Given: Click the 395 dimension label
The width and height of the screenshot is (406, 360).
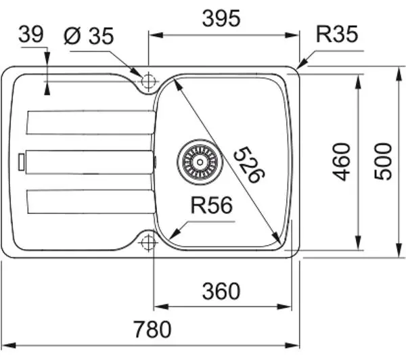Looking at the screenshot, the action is point(221,19).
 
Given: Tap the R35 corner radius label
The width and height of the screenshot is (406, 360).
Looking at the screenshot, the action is point(337,34).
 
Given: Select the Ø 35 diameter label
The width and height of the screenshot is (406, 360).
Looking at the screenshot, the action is point(89,36).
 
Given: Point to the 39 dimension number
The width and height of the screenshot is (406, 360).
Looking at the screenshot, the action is point(31,34).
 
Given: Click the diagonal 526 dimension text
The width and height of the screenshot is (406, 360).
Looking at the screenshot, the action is point(249,165).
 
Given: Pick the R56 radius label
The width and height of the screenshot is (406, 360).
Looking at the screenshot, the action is point(212,206).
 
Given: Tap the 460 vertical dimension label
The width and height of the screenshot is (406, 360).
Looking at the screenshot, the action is point(341,162).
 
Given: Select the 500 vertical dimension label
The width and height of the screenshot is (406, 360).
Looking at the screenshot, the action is point(383,161).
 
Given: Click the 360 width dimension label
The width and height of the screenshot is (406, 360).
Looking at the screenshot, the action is point(221,291).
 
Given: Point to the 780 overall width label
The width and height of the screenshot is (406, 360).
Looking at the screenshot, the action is point(152,329).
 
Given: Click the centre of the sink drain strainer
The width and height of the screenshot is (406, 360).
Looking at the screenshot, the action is point(200,162).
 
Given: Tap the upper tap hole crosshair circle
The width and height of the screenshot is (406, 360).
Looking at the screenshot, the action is point(148,81).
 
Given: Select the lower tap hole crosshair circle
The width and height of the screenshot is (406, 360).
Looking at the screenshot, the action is point(148,243).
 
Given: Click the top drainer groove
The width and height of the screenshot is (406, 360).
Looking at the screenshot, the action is point(91,122).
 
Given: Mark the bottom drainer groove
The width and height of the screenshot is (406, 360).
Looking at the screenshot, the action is point(91,202).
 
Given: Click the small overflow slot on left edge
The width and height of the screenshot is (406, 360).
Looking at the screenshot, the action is point(22,162).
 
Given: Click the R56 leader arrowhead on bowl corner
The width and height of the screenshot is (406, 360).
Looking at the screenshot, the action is point(174,233).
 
